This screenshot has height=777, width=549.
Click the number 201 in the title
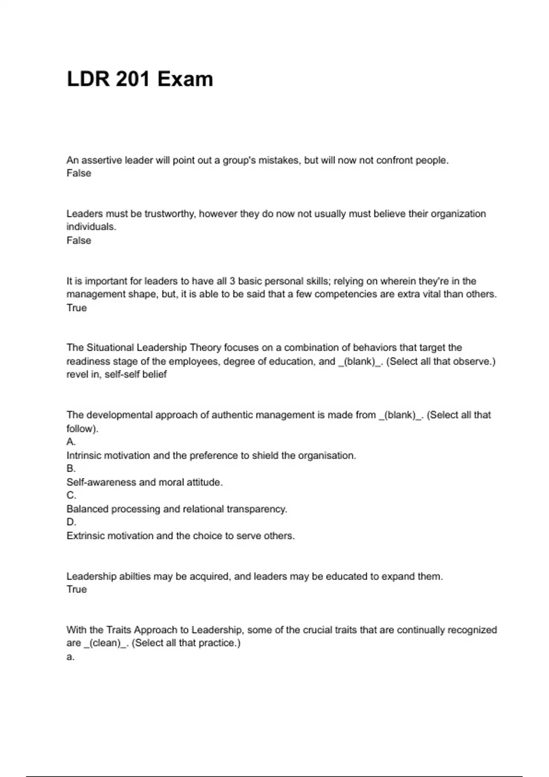click(133, 79)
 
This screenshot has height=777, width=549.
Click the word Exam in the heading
click(185, 79)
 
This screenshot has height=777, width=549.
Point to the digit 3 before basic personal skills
click(232, 281)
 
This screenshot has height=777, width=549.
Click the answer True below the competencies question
click(76, 308)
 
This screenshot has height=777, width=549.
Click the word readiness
click(88, 362)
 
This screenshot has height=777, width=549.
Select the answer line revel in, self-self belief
click(116, 375)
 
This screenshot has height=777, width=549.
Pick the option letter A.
click(71, 442)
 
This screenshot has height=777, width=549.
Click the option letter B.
click(71, 468)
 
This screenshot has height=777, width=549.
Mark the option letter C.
click(71, 495)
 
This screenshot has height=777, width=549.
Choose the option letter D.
click(71, 522)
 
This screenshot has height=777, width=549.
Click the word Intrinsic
click(84, 456)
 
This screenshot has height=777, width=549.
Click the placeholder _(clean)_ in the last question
click(106, 644)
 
